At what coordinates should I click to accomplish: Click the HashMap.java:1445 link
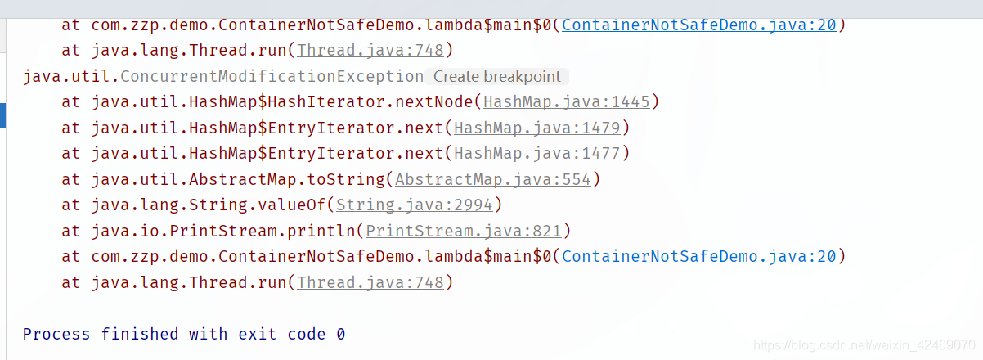[567, 102]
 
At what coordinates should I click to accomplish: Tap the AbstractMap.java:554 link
[492, 179]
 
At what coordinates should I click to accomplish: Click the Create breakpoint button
[497, 77]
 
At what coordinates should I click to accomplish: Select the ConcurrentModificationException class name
[272, 77]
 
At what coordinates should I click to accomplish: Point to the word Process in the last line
[56, 334]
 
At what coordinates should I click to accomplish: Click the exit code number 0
[340, 334]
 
